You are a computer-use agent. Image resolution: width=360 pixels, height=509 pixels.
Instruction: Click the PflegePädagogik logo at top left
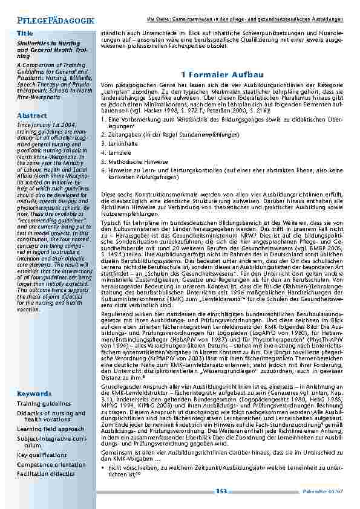point(51,21)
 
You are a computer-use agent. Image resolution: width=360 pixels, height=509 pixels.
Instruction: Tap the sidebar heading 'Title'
point(25,32)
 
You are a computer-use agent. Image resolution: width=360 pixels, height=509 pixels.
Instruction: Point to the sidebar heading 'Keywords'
point(34,376)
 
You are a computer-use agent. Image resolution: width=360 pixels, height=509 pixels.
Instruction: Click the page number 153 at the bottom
point(221,491)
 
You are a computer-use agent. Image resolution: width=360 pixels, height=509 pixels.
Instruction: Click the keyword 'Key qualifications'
point(42,438)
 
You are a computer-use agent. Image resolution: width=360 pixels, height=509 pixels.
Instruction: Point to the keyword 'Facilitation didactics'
point(48,456)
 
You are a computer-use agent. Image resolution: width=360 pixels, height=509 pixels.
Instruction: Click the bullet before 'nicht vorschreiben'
point(104,467)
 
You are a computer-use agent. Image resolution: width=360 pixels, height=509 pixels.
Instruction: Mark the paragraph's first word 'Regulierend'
point(117,298)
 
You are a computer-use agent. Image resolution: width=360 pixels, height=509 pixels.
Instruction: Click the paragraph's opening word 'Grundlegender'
point(120,386)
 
